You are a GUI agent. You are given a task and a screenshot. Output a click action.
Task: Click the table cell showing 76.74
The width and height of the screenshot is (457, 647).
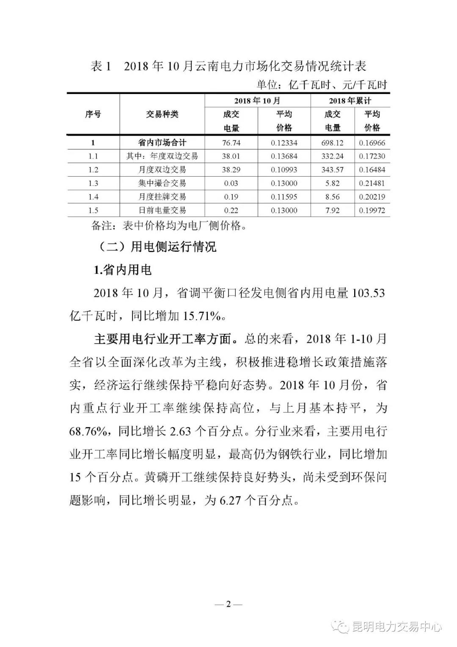(x=231, y=143)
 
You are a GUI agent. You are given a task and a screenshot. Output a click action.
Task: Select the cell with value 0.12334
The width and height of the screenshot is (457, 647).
(x=284, y=143)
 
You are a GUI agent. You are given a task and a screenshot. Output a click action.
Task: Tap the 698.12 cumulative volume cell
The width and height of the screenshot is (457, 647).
(x=332, y=143)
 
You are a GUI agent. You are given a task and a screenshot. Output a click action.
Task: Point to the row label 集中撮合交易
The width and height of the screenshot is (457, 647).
(x=162, y=183)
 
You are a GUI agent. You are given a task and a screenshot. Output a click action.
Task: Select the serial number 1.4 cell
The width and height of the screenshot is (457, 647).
(x=93, y=197)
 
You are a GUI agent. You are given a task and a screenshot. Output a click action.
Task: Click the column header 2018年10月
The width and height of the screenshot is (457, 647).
(x=257, y=101)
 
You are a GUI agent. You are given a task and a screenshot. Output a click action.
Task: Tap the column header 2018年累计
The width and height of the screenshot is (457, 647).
(x=350, y=101)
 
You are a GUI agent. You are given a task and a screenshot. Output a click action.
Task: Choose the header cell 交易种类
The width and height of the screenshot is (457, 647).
(x=162, y=114)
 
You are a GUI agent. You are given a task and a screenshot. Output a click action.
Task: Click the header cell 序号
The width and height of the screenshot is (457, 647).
(x=93, y=114)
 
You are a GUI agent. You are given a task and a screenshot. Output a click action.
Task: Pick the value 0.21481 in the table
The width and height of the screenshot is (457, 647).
(x=372, y=183)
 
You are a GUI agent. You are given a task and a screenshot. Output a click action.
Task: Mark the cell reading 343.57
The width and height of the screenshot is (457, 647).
(x=332, y=170)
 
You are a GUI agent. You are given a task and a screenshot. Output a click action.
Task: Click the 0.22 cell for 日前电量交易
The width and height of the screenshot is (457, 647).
(x=231, y=211)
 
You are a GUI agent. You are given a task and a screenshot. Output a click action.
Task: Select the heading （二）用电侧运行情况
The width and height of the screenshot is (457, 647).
(x=154, y=247)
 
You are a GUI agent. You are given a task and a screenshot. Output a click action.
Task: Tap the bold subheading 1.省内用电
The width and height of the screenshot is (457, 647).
(x=123, y=270)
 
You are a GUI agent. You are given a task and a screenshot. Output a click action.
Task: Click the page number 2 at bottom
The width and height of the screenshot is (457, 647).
(x=228, y=604)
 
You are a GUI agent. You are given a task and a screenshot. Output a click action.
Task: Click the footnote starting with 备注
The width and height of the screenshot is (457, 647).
(x=169, y=225)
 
